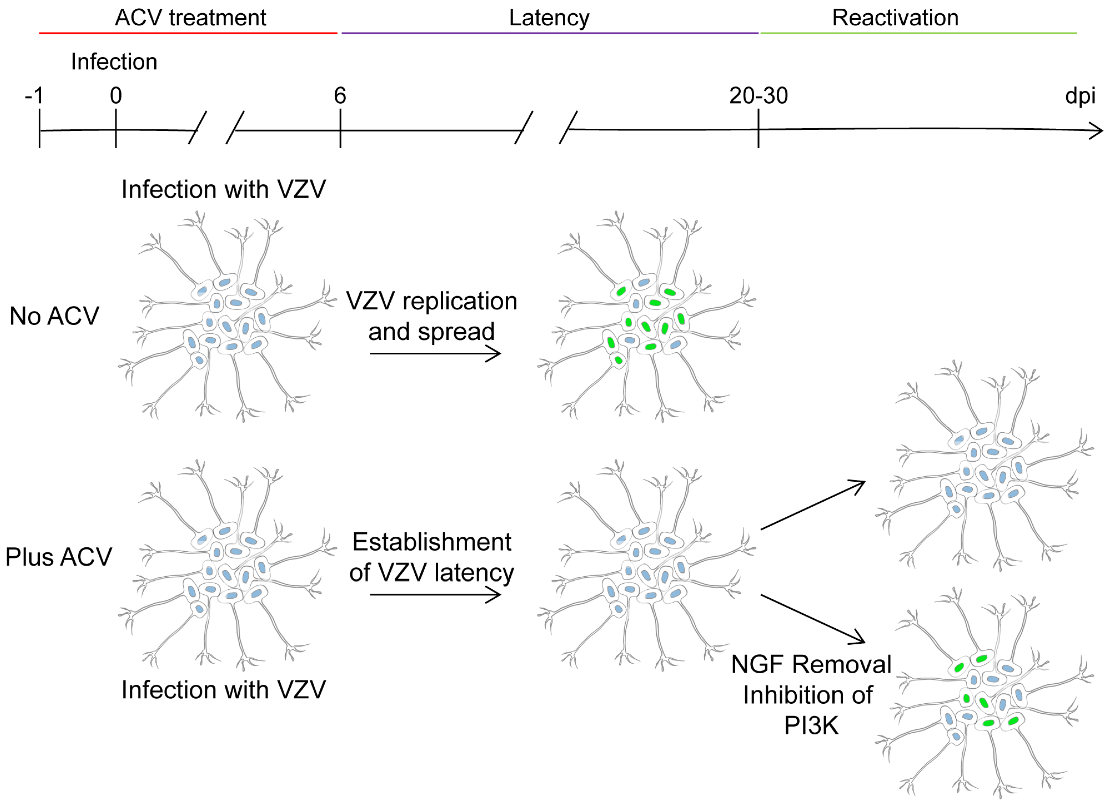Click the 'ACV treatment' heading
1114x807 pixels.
pos(190,18)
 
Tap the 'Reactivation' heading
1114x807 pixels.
pos(895,18)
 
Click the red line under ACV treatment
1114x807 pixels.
pos(188,33)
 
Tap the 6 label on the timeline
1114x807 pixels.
pos(340,95)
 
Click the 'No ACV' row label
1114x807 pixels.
pos(54,316)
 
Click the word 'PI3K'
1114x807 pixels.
pos(811,725)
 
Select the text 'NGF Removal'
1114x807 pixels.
pos(811,664)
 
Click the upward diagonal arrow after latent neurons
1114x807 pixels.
pos(813,505)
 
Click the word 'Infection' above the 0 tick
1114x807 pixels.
pos(114,62)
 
